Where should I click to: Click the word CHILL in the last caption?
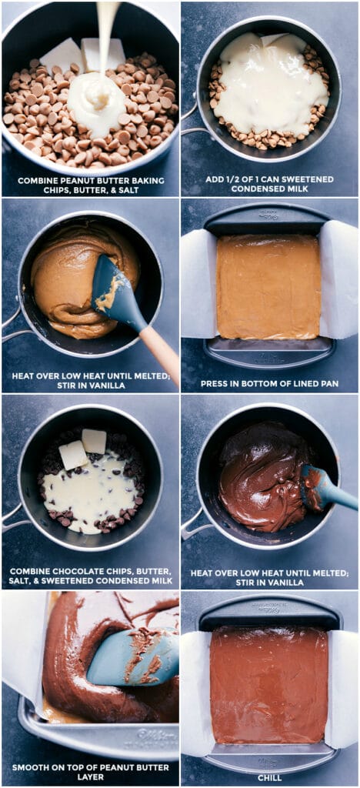(x=269, y=767)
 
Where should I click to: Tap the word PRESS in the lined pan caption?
(x=215, y=382)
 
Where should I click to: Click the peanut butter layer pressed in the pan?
(x=268, y=286)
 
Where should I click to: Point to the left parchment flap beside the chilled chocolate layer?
(x=195, y=677)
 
